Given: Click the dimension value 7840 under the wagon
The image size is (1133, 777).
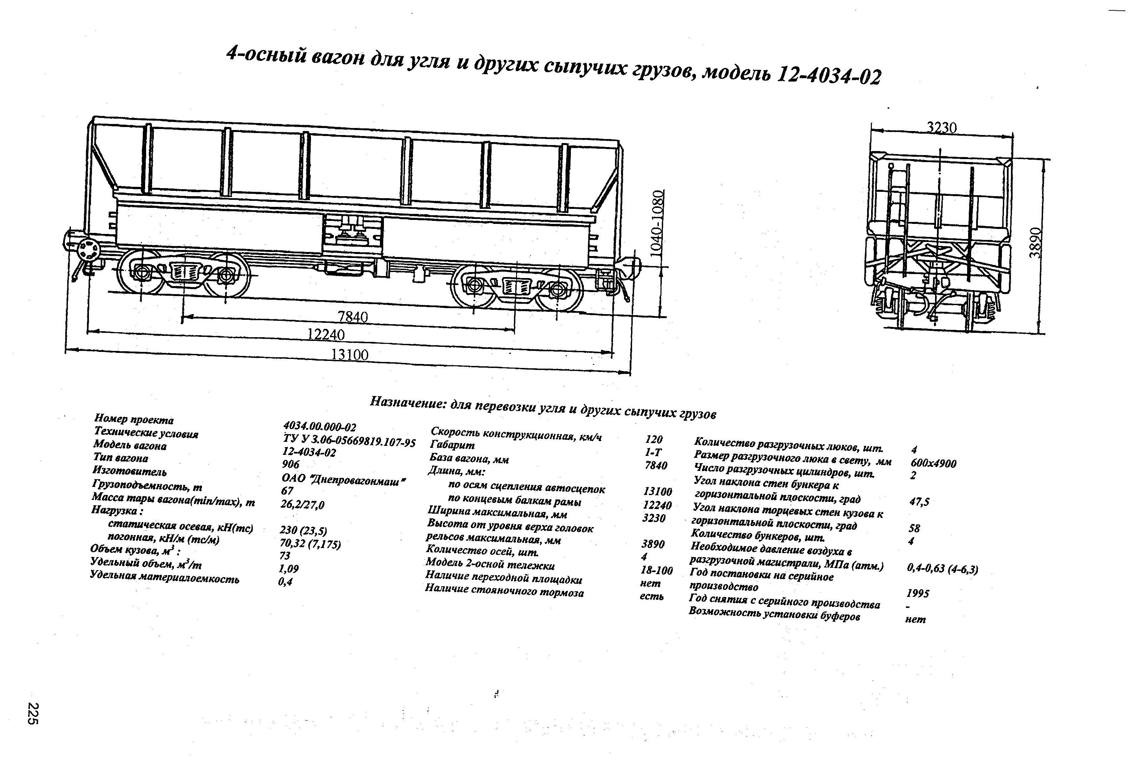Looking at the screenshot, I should pos(353,317).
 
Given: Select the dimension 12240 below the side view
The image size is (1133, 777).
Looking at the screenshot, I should pos(326,335).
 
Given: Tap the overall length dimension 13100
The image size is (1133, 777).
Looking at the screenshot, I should pos(349,354).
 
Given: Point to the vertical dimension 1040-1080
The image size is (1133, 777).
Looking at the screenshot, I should pos(657,223).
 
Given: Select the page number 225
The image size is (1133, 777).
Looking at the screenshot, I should pos(33,714).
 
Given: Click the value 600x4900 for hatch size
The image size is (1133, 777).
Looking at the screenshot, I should pos(933,463).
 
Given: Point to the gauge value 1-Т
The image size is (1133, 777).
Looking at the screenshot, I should pos(653,452).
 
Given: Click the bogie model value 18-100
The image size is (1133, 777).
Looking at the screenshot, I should pos(656,570).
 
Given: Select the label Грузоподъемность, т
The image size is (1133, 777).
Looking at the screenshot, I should pos(147,486).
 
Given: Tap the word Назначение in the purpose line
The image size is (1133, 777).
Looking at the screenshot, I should pos(407,402).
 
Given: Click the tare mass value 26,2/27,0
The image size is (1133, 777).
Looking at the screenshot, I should pos(302,505).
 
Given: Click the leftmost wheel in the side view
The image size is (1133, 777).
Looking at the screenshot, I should pos(142,272).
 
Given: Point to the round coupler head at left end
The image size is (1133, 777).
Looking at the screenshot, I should pos(87,251).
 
